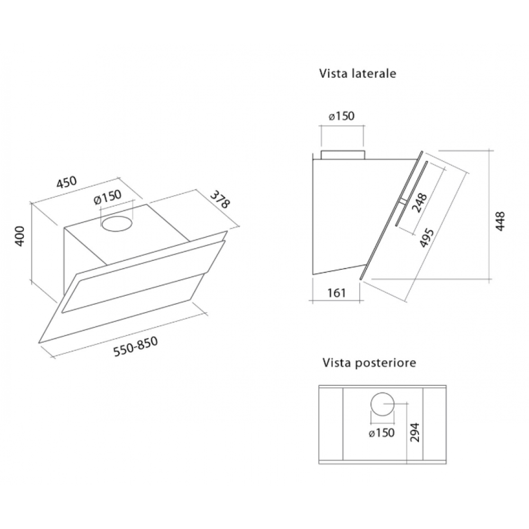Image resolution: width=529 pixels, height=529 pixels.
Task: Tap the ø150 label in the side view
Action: coord(341,116)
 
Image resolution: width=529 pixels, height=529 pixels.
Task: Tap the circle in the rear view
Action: coord(381,405)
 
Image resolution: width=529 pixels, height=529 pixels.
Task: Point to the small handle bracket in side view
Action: coord(404,202)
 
